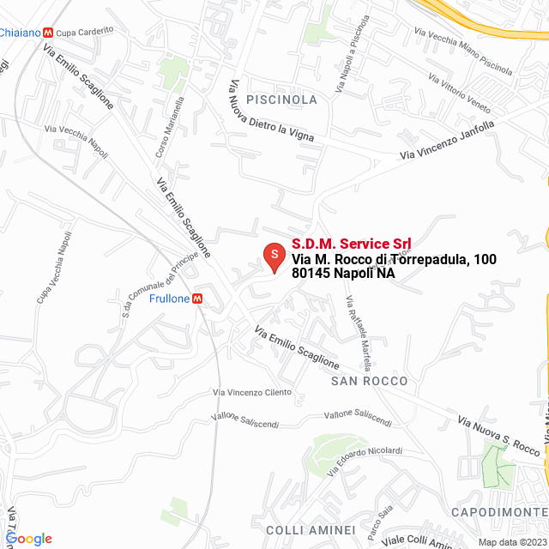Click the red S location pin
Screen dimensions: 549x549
[x=273, y=256]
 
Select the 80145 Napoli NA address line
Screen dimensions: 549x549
[x=343, y=274]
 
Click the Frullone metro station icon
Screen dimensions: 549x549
[x=198, y=299]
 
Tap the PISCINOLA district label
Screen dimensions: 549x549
[x=281, y=100]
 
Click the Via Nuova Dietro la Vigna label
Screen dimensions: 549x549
[x=269, y=112]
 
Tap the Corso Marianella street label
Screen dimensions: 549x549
[x=169, y=128]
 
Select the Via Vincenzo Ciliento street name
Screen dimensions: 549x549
[x=251, y=392]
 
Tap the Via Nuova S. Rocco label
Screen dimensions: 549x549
[x=498, y=436]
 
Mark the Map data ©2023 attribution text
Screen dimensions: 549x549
[x=511, y=542]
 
